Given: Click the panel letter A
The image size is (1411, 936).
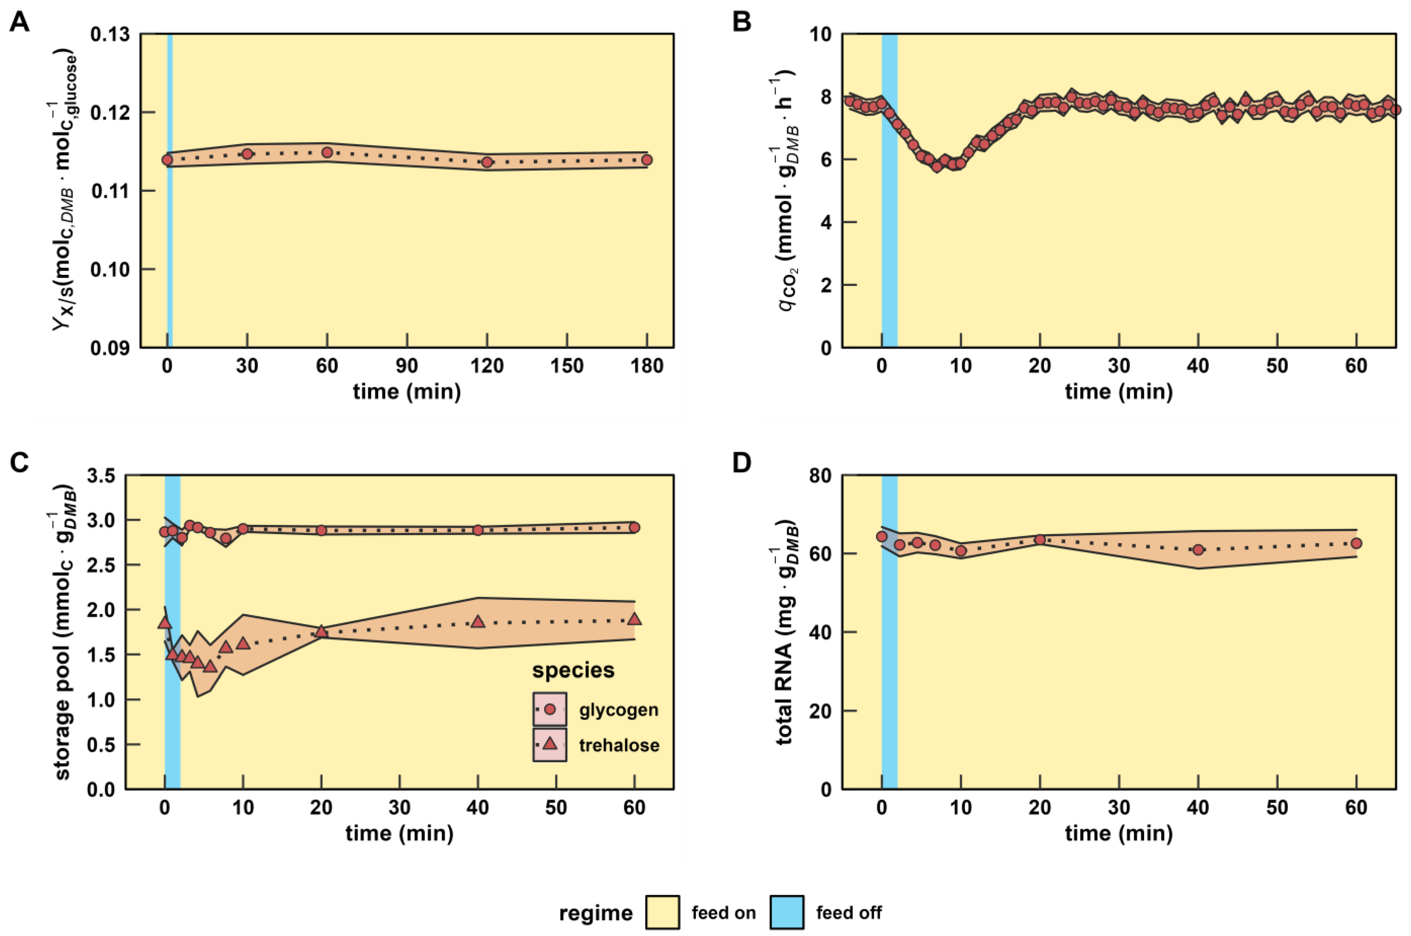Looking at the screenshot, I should (x=20, y=22).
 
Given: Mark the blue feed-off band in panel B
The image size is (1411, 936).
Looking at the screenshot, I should (x=889, y=191).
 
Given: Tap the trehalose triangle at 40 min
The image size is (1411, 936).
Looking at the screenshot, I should (x=477, y=621).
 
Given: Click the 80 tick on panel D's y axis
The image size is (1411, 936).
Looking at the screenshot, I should (x=820, y=476).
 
